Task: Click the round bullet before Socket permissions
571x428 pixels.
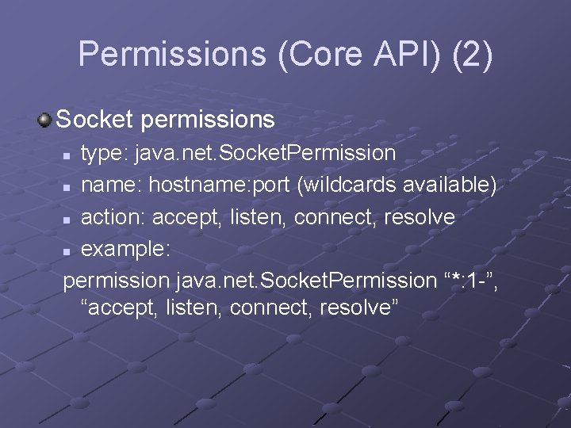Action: coord(45,120)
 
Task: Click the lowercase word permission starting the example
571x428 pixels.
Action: coord(117,281)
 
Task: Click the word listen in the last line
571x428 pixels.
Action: coord(194,307)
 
